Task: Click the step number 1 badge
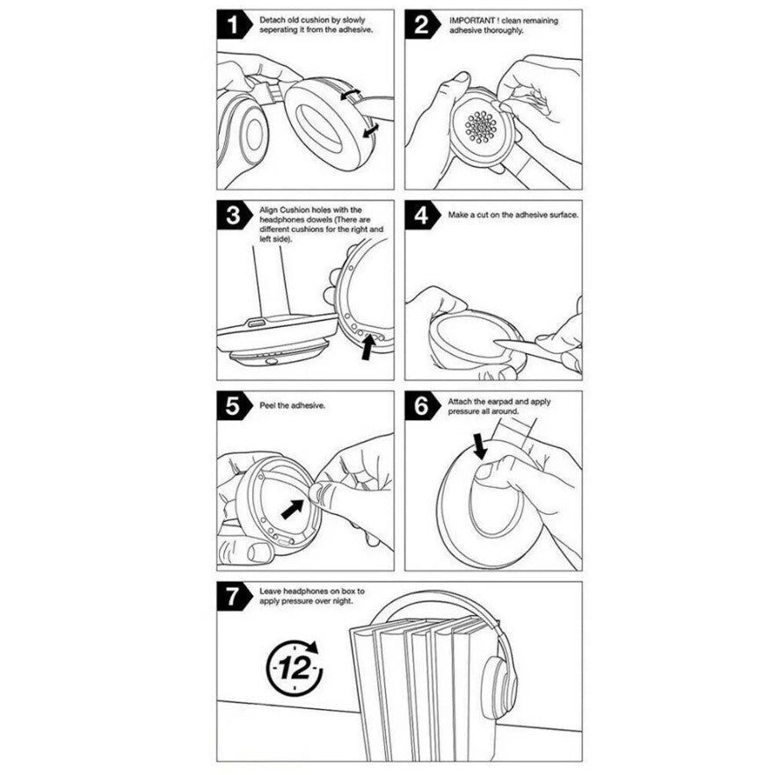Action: click(231, 25)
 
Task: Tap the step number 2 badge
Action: click(420, 25)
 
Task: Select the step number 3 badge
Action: click(231, 215)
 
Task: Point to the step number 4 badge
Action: click(420, 215)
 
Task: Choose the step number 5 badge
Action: click(231, 406)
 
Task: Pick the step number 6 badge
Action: click(420, 406)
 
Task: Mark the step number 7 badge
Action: click(231, 597)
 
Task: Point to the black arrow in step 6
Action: click(481, 445)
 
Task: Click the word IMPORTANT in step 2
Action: click(469, 18)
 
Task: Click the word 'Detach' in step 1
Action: click(271, 18)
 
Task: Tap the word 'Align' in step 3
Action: click(269, 209)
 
